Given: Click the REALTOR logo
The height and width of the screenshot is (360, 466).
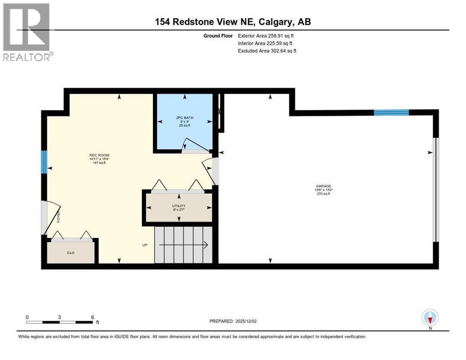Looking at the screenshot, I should (x=27, y=32).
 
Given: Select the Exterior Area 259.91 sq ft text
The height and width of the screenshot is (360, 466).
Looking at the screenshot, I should (x=266, y=36).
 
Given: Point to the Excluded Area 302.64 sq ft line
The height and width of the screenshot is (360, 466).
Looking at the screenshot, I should (x=267, y=51).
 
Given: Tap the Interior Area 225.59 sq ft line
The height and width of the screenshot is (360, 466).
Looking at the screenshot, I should (x=265, y=43).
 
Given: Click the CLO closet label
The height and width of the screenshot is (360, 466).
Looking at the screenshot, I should (x=71, y=253).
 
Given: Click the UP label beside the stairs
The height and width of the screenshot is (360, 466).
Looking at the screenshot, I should (x=146, y=245).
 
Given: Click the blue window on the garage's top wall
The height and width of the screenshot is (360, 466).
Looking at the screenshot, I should (x=391, y=112).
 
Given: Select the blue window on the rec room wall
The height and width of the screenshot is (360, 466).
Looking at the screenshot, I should (x=44, y=161).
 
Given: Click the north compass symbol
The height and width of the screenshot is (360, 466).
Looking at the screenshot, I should (x=430, y=318).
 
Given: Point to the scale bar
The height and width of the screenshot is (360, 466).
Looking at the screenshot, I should (x=60, y=322).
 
